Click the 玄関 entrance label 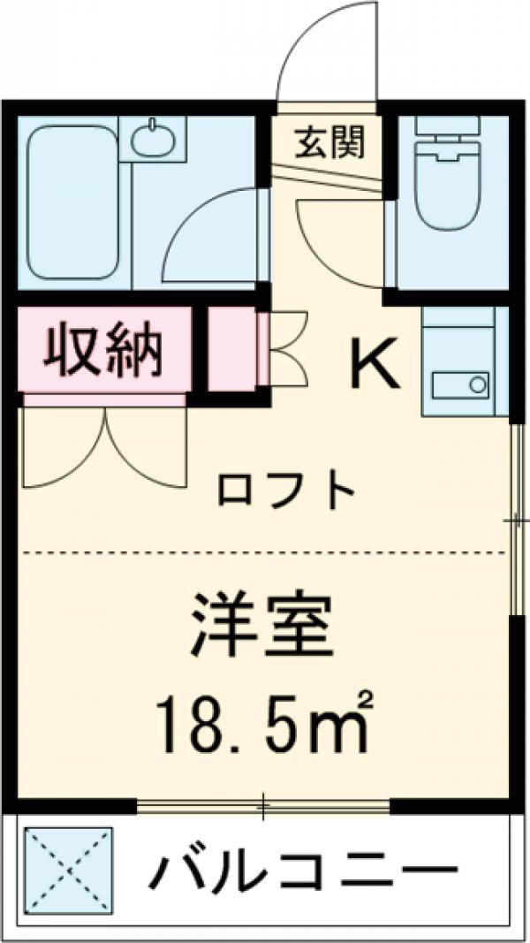coord(329,141)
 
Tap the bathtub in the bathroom coord(73,201)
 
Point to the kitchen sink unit coord(465,362)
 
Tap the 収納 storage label coord(102,350)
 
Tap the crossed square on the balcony coord(68,871)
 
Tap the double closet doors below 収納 coord(105,446)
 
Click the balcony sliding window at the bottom coord(262,805)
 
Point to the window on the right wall coord(516,521)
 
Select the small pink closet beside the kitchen coord(231,350)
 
